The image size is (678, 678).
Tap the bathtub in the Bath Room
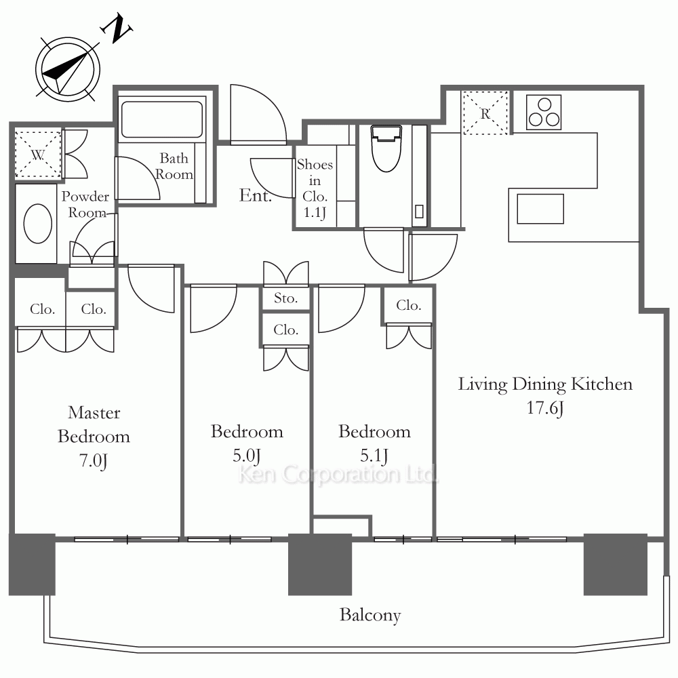tap(162, 119)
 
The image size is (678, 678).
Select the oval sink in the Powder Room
tap(38, 224)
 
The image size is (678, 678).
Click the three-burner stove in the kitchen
tap(544, 113)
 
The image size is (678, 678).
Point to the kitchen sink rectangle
tap(540, 209)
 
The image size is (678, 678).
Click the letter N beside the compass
tap(116, 28)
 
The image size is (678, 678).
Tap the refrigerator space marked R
tap(485, 113)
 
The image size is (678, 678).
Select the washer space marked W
tap(38, 155)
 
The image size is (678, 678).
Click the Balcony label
tap(370, 615)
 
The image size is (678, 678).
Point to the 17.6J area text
tap(545, 407)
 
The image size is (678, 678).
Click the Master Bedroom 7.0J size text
tap(94, 460)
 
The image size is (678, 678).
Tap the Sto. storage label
tap(286, 298)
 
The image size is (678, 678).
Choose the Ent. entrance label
tap(256, 195)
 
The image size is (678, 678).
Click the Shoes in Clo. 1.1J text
tap(315, 188)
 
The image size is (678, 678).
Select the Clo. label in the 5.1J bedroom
tap(409, 305)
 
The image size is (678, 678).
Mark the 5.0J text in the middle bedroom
tap(247, 456)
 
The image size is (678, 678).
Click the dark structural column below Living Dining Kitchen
tap(616, 564)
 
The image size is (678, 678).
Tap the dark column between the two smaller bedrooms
tap(320, 564)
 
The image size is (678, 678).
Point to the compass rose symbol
tap(68, 70)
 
